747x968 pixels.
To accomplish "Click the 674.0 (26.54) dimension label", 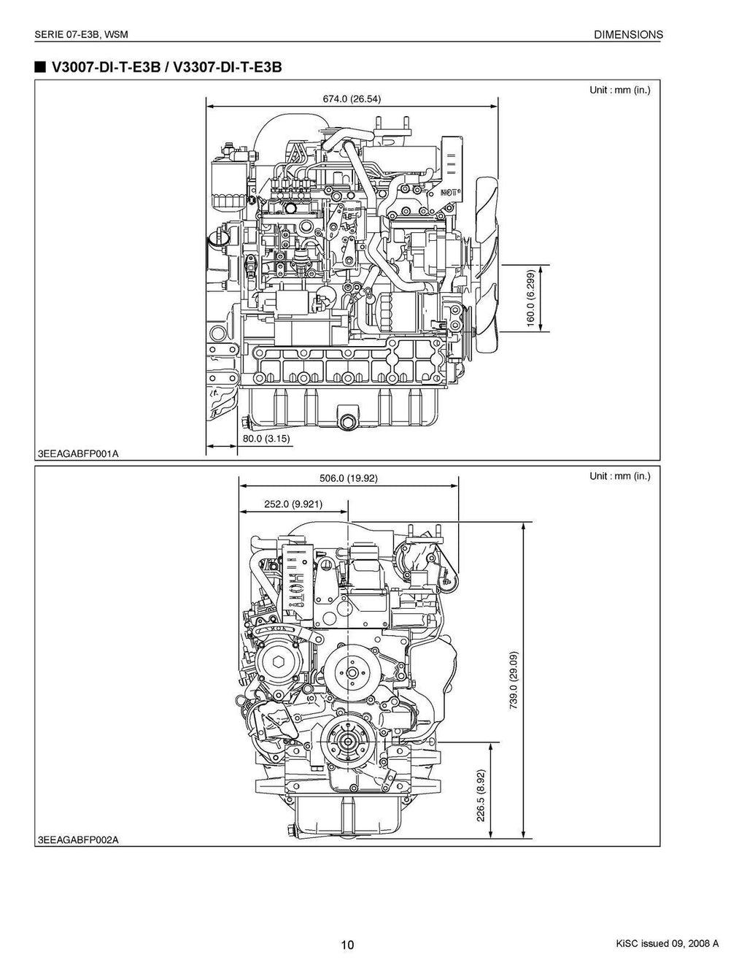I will pyautogui.click(x=352, y=99).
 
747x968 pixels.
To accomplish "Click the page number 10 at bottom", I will pyautogui.click(x=347, y=945).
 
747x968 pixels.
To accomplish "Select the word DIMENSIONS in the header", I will pyautogui.click(x=628, y=34).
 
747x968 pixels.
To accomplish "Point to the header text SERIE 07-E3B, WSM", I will pyautogui.click(x=82, y=34).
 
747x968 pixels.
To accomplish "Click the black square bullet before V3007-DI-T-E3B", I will pyautogui.click(x=39, y=68).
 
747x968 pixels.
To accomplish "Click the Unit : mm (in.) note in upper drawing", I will pyautogui.click(x=619, y=91).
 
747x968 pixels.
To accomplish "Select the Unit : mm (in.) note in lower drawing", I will pyautogui.click(x=619, y=477).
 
